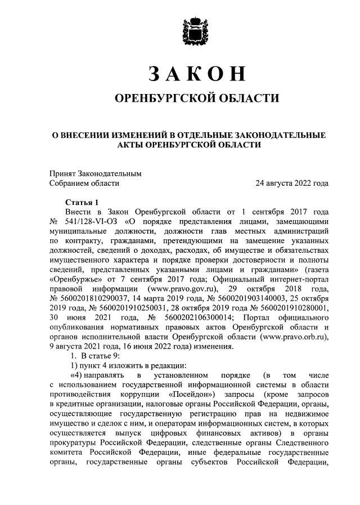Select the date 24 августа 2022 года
[292, 183]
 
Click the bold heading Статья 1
[82, 202]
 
